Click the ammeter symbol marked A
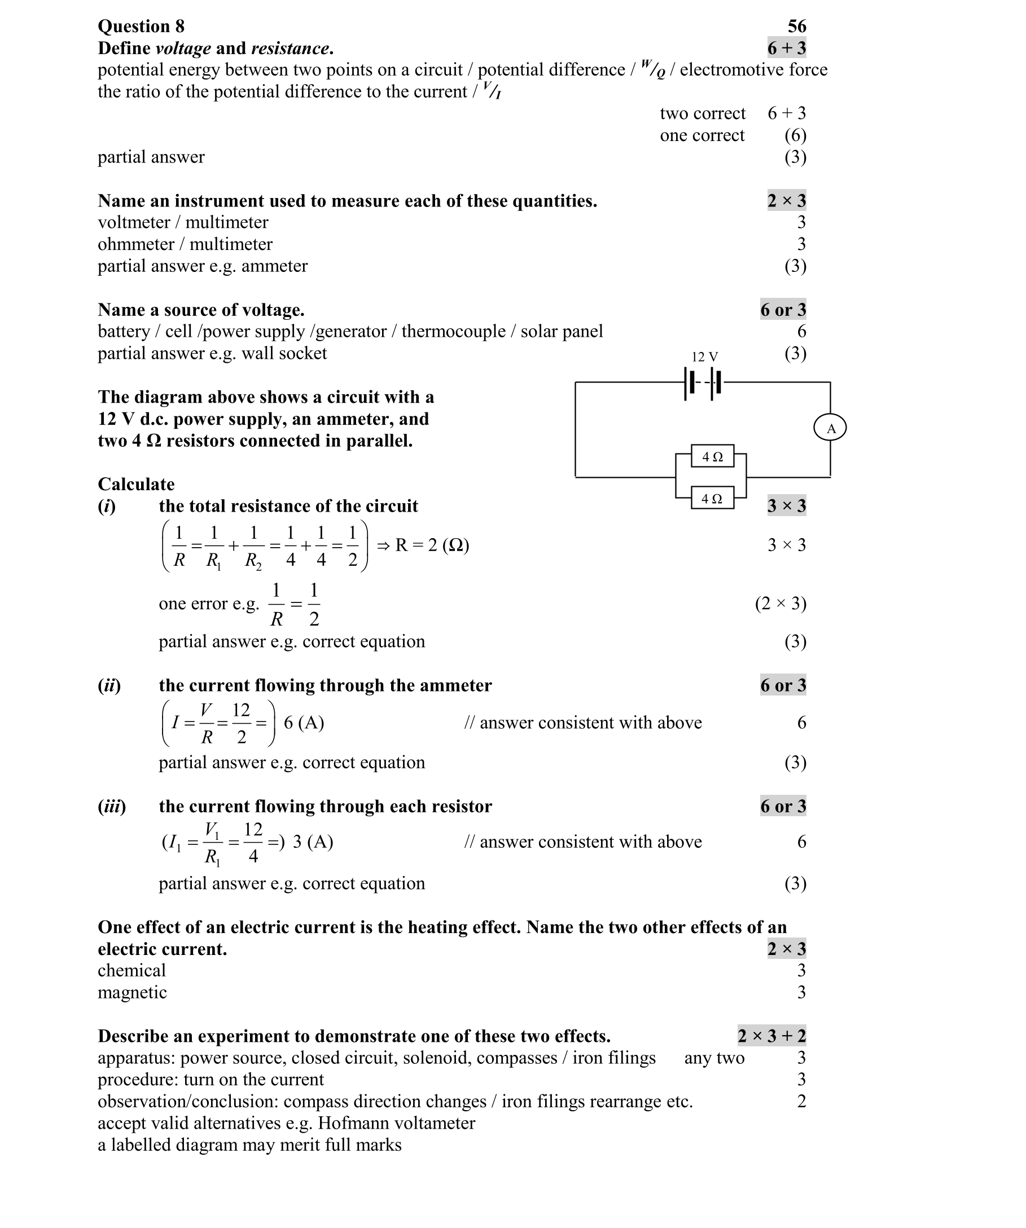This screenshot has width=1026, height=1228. click(830, 428)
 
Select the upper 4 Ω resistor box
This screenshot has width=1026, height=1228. click(712, 456)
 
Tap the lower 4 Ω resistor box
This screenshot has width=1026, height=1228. click(712, 498)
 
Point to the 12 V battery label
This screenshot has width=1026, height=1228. click(704, 356)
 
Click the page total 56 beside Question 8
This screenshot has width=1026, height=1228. click(797, 26)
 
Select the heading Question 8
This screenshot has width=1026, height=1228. click(141, 26)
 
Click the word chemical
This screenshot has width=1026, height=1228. click(131, 970)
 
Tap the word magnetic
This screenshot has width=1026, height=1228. click(132, 992)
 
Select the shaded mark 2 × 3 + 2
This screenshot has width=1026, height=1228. click(771, 1036)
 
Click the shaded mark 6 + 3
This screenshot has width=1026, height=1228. click(787, 48)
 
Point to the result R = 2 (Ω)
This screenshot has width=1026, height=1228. click(432, 545)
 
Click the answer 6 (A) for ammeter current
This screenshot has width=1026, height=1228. click(304, 723)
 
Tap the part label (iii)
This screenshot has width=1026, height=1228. click(112, 807)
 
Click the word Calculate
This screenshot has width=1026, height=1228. click(137, 484)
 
